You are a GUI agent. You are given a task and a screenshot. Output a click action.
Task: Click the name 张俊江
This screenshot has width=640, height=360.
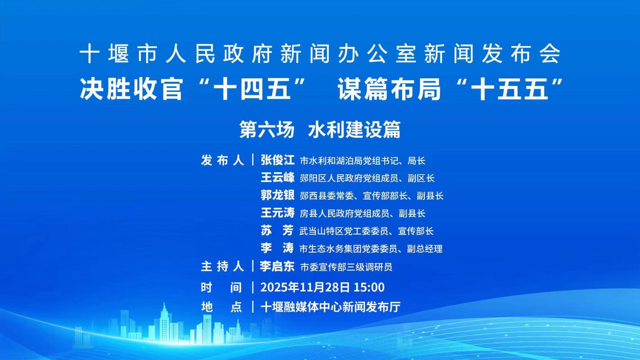(277, 160)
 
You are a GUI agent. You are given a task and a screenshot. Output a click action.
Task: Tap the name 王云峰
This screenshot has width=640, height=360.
(277, 178)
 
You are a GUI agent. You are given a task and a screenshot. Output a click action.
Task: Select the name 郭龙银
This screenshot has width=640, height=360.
(277, 195)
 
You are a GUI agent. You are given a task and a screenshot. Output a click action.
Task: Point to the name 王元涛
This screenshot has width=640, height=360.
(277, 213)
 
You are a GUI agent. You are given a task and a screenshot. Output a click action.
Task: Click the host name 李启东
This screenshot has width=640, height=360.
(277, 266)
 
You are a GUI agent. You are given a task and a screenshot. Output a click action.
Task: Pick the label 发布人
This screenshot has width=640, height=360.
(222, 160)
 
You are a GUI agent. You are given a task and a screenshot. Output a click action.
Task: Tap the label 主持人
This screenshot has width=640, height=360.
(222, 266)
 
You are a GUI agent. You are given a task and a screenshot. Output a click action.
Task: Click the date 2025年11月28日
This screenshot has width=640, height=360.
(305, 287)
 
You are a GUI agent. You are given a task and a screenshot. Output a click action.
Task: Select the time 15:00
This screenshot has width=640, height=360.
(369, 287)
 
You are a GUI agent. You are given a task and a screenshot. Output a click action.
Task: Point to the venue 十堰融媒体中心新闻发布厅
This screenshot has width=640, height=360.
(330, 307)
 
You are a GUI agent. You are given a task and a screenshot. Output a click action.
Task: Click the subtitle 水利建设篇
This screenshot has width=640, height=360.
(354, 129)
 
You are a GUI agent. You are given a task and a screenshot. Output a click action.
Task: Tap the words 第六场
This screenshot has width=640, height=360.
(267, 129)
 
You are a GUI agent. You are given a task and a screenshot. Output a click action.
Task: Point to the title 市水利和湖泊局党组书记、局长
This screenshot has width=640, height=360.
(363, 161)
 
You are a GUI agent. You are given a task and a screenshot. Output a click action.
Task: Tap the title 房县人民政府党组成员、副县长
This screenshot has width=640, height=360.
(363, 213)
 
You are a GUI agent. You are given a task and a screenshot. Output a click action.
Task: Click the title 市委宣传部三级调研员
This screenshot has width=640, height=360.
(346, 267)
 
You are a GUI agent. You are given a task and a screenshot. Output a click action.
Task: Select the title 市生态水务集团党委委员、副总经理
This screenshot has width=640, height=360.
(371, 249)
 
